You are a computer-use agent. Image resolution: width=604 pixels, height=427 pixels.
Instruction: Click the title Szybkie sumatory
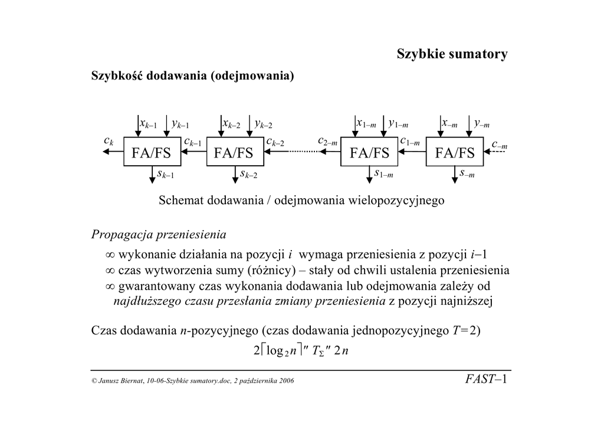coord(452,55)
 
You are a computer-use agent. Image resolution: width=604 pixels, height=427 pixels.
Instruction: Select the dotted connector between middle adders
coord(304,152)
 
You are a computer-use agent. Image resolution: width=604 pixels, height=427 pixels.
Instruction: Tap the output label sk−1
coord(165,174)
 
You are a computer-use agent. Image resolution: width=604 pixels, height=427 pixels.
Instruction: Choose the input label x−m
coord(449,124)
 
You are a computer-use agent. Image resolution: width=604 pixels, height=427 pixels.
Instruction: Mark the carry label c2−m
coord(327,142)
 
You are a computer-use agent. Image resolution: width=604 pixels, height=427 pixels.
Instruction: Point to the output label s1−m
coord(384,174)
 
